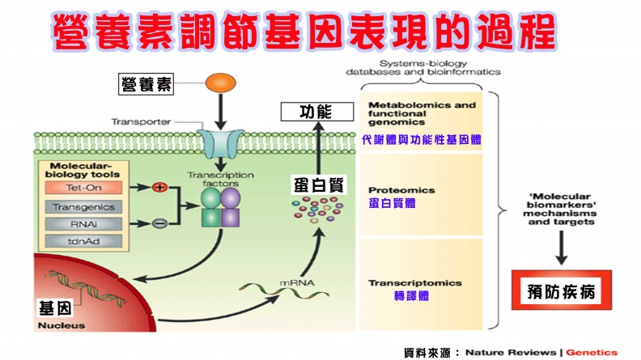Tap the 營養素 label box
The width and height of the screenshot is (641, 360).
point(146,83)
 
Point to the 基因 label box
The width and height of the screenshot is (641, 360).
point(59,308)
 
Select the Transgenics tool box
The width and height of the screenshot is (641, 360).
point(83,205)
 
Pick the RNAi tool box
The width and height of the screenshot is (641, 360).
point(83,223)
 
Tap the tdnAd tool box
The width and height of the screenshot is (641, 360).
point(83,241)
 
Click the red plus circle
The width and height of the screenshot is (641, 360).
point(159,188)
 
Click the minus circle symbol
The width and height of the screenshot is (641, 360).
point(159,223)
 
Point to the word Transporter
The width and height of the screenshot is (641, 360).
point(141,122)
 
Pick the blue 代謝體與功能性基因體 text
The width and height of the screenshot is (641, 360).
point(421,139)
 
